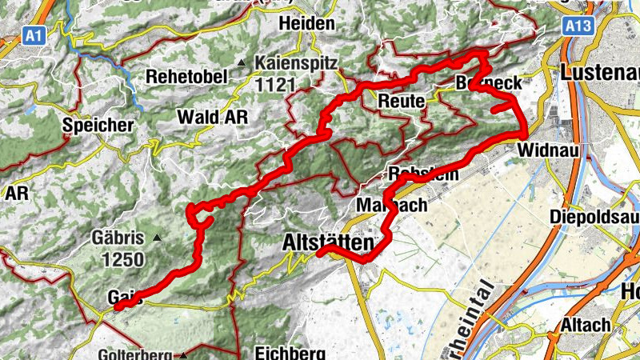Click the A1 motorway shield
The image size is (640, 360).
[33, 35]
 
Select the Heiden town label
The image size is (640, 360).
[306, 24]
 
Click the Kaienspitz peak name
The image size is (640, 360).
[297, 62]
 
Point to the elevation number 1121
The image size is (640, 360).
[276, 83]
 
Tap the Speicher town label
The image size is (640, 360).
[98, 126]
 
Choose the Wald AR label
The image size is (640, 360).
[212, 117]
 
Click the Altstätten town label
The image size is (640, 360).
[328, 243]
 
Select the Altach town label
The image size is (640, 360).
[586, 325]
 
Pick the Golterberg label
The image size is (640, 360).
[138, 354]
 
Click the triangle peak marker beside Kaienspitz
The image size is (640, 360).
[240, 62]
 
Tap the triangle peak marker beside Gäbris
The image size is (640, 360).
[158, 238]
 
